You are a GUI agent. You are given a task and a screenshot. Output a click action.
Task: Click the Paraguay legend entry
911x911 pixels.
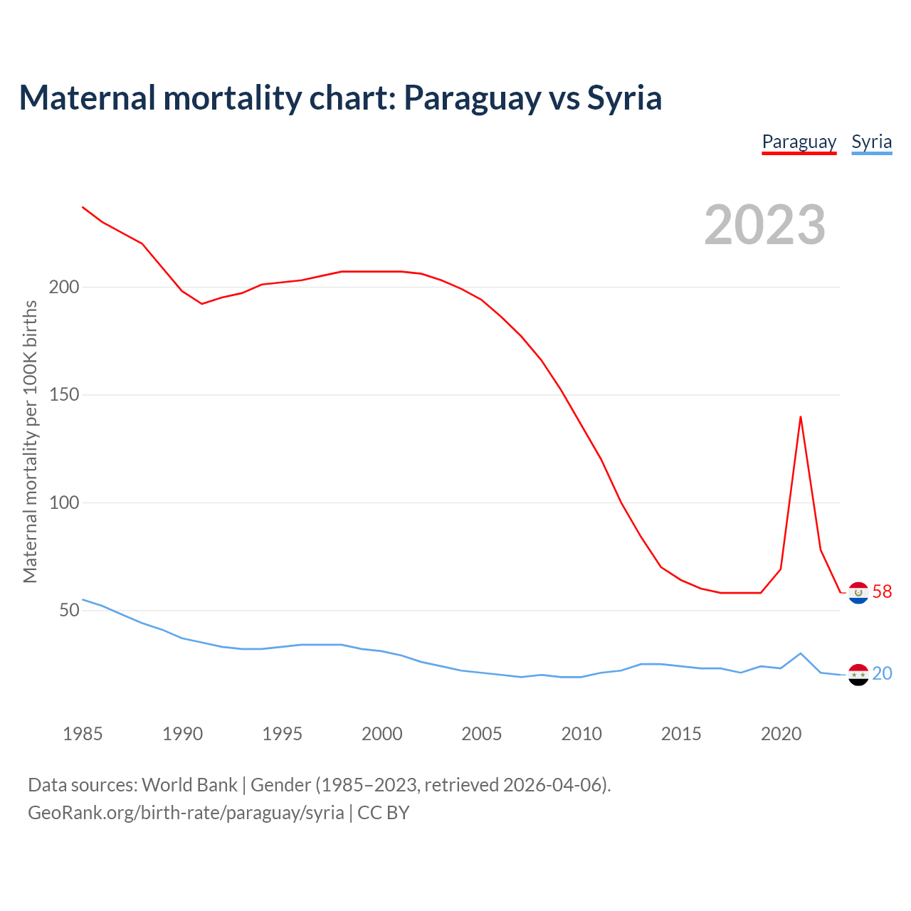(799, 142)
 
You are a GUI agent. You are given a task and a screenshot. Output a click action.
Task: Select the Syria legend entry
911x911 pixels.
(871, 142)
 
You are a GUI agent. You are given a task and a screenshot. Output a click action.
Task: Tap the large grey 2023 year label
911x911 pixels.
(764, 225)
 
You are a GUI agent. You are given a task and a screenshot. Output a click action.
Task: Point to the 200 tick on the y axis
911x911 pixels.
(63, 288)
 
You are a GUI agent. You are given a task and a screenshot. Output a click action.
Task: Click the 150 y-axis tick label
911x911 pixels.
(63, 395)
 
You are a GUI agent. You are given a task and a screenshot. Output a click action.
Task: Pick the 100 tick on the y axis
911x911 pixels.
(63, 502)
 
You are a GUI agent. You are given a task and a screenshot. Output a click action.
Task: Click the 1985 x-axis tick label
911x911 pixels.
(83, 734)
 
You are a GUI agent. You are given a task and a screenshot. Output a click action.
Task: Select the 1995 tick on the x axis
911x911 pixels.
(283, 734)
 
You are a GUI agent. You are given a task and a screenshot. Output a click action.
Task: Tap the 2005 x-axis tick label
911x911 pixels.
(482, 734)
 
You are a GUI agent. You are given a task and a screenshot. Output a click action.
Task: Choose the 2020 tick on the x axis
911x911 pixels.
(781, 734)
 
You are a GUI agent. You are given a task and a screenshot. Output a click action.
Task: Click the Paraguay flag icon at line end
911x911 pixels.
(858, 592)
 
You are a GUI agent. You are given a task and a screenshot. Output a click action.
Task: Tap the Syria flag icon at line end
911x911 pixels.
(858, 674)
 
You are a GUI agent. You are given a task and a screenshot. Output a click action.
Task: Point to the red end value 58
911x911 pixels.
(882, 592)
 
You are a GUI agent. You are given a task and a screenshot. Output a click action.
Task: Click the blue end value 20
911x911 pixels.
(882, 673)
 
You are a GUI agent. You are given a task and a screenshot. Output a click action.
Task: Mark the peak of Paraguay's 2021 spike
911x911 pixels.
(801, 417)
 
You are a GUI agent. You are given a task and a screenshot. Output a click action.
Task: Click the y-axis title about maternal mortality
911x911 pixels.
(30, 441)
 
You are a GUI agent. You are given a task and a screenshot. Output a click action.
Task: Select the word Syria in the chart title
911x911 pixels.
(624, 98)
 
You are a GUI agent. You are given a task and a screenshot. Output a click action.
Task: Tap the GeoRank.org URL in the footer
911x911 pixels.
(186, 813)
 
